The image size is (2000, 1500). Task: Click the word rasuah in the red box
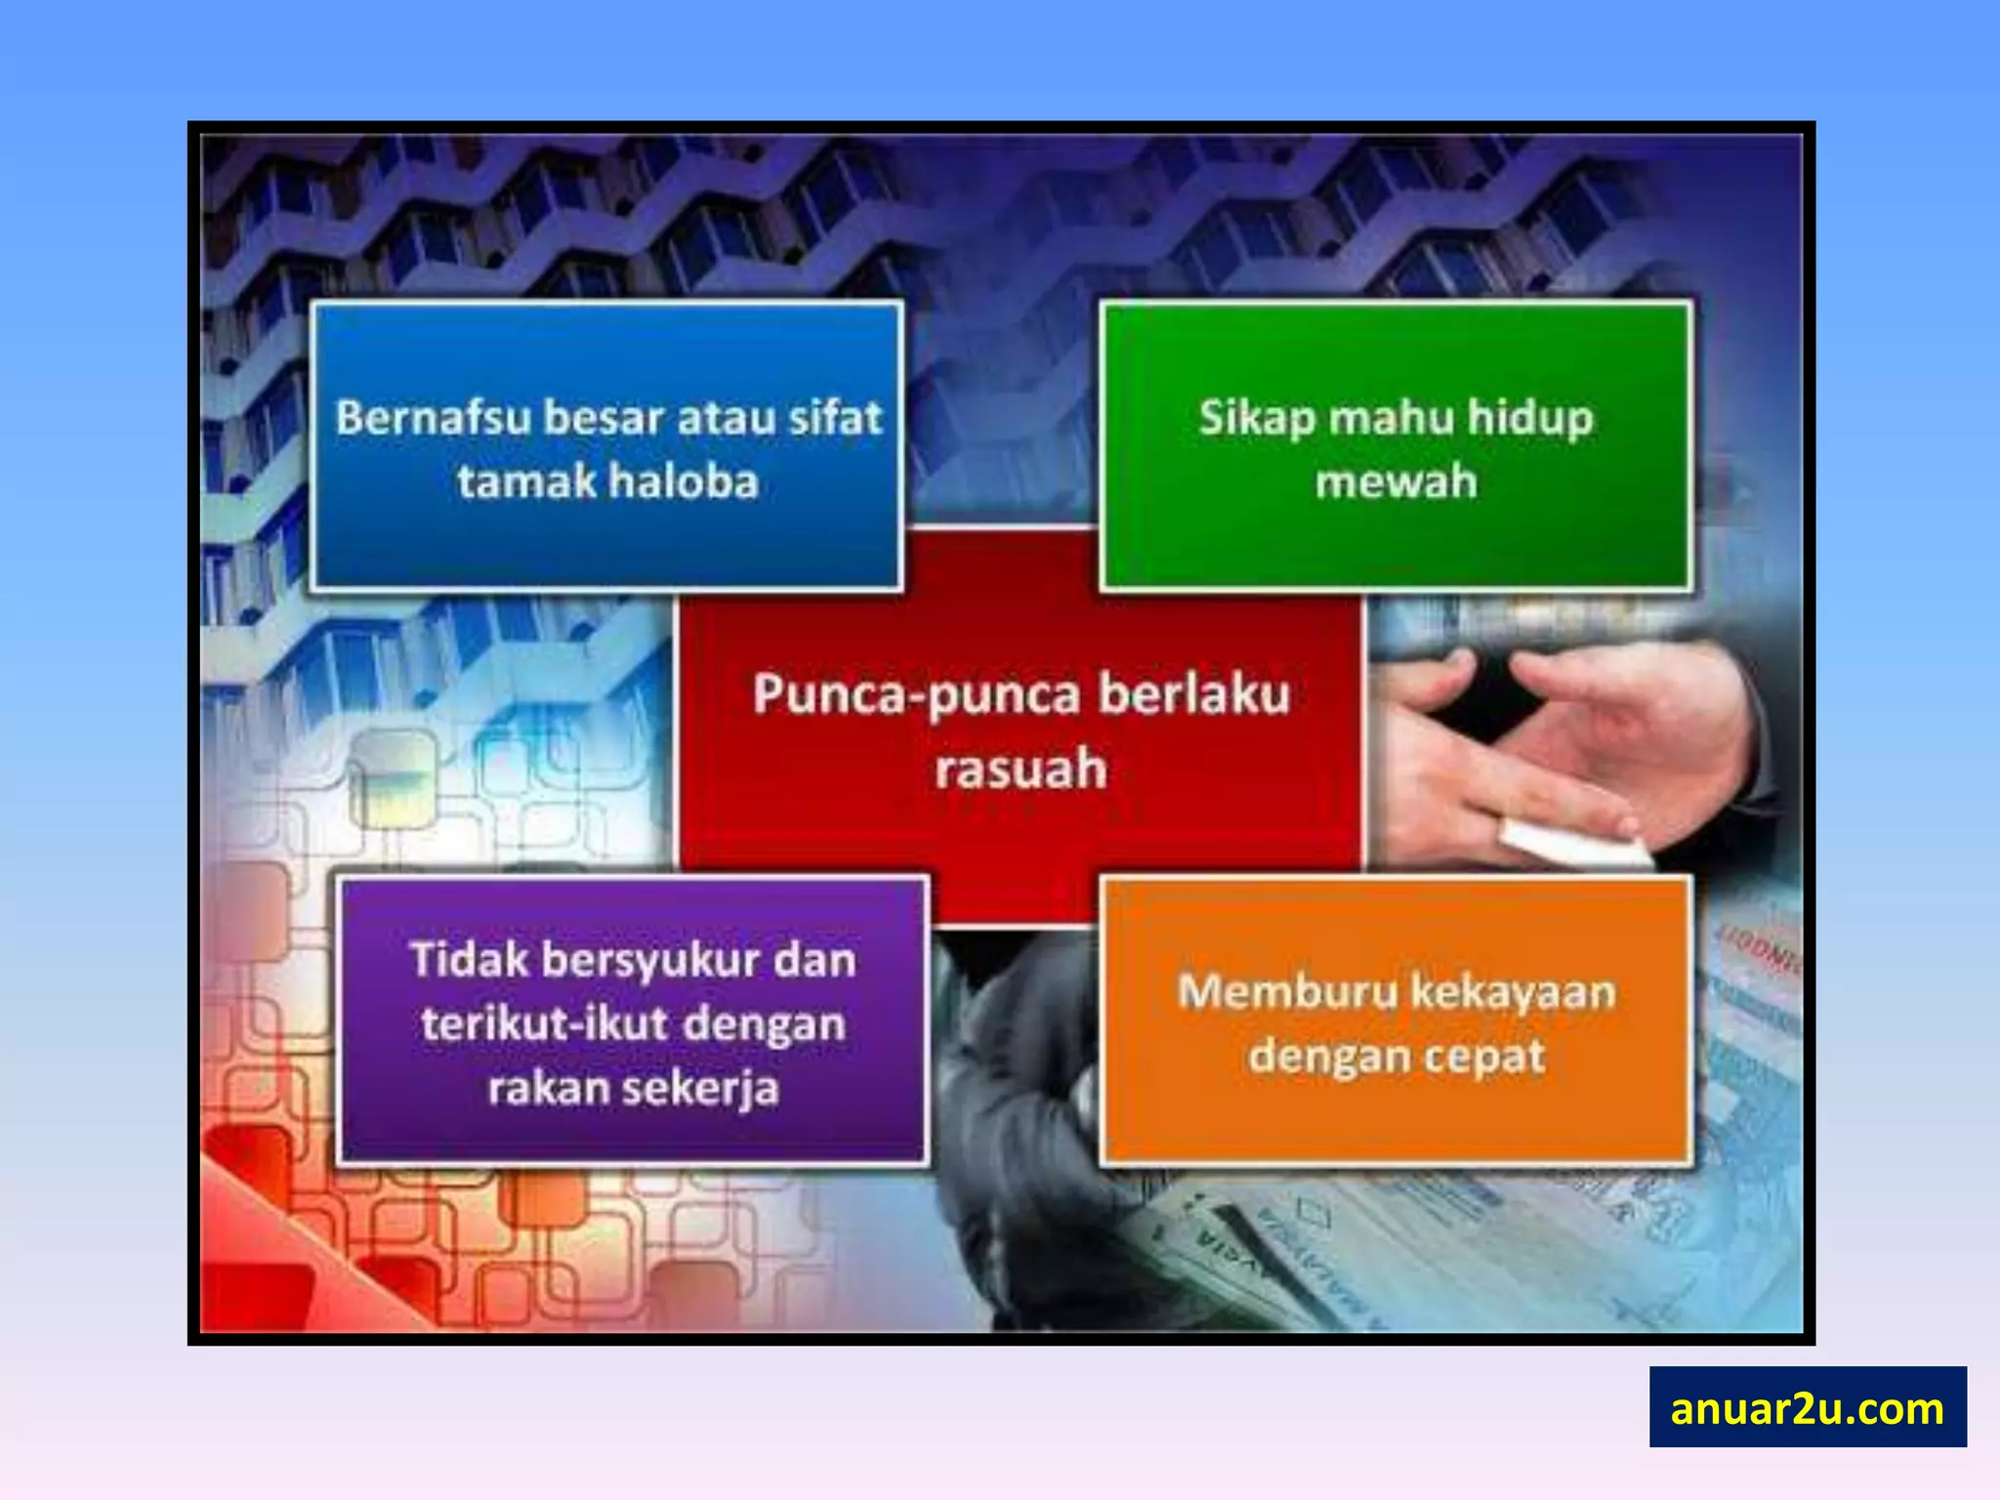pyautogui.click(x=1021, y=770)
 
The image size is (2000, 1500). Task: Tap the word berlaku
pyautogui.click(x=1193, y=694)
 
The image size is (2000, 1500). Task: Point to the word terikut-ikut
pyautogui.click(x=544, y=1024)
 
